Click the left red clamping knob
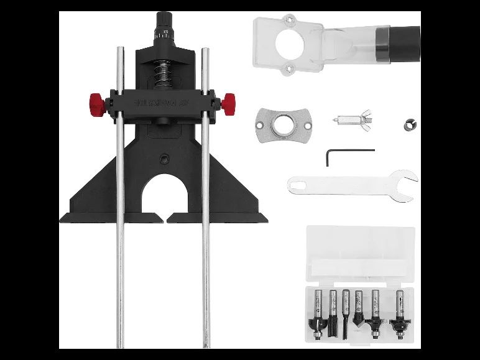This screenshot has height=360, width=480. (x=96, y=101)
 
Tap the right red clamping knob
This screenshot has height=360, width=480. (x=228, y=100)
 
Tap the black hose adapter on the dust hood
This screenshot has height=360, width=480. (x=404, y=43)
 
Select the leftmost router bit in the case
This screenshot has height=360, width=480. (x=317, y=314)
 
